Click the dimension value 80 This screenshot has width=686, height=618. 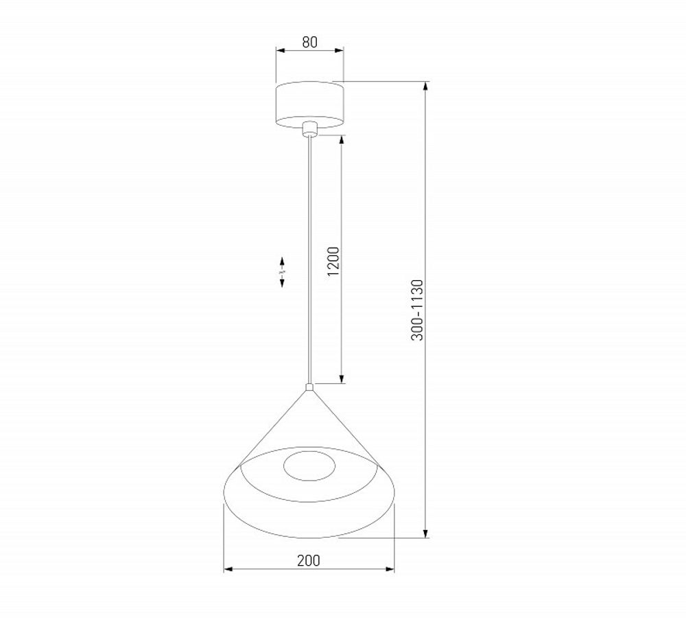click(x=309, y=42)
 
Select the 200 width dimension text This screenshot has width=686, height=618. click(x=309, y=560)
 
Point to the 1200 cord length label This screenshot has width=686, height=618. click(x=333, y=260)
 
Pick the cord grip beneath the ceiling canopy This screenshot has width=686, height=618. click(x=309, y=129)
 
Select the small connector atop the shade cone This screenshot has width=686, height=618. click(x=309, y=387)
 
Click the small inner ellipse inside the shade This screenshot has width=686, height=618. click(x=309, y=467)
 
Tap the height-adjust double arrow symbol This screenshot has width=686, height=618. click(x=282, y=273)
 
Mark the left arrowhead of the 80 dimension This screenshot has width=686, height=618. click(x=279, y=50)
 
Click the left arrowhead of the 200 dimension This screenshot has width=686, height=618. click(x=228, y=569)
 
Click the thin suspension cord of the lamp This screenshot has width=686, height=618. click(x=309, y=261)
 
